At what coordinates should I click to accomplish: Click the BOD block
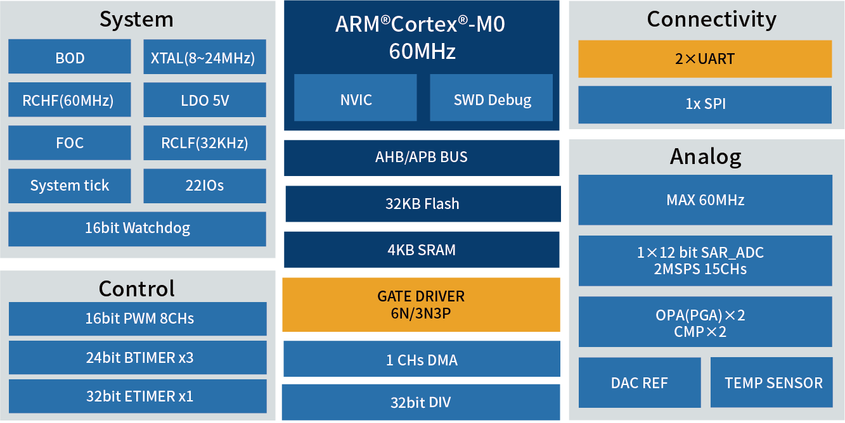69,56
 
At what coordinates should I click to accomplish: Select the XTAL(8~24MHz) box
205,56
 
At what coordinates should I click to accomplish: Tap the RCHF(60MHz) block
69,99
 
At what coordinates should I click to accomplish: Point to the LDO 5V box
205,99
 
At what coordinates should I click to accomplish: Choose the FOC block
69,142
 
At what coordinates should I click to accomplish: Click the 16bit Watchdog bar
137,229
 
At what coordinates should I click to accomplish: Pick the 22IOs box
205,186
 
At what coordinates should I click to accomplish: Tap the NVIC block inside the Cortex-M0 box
356,98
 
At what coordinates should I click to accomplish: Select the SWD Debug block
491,98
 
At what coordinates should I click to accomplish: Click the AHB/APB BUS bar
422,158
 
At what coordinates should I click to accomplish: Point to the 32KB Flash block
423,204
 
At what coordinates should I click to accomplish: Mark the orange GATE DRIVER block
421,305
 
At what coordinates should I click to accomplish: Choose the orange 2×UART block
705,59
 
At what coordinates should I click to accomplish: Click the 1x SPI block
705,104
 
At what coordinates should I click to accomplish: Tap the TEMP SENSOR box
771,382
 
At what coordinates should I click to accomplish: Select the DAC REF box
640,382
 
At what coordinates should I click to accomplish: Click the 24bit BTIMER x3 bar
138,357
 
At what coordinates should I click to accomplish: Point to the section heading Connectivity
711,19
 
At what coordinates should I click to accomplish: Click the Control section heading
136,289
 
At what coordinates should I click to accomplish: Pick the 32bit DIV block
421,402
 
